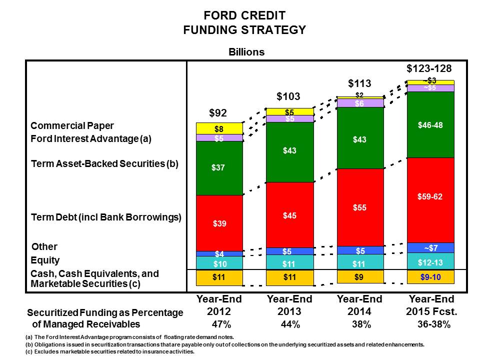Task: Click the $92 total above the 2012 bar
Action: (219, 113)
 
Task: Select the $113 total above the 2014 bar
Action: (359, 83)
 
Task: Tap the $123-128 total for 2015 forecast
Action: (429, 68)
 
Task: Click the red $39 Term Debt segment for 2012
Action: (219, 223)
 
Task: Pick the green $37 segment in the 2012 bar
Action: (219, 168)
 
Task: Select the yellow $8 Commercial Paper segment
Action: (219, 128)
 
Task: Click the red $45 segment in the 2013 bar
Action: (289, 215)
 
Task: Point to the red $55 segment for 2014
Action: (359, 207)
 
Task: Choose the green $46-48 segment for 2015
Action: (430, 125)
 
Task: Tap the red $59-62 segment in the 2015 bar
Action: (430, 197)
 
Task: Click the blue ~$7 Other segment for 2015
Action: (430, 247)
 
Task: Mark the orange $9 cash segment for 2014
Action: (359, 277)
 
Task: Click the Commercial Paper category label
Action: (72, 126)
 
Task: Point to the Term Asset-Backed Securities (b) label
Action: (104, 163)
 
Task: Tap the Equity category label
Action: (45, 260)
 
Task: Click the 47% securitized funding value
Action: (219, 324)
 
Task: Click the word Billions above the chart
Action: (246, 52)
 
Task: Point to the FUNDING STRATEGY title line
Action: (244, 30)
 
